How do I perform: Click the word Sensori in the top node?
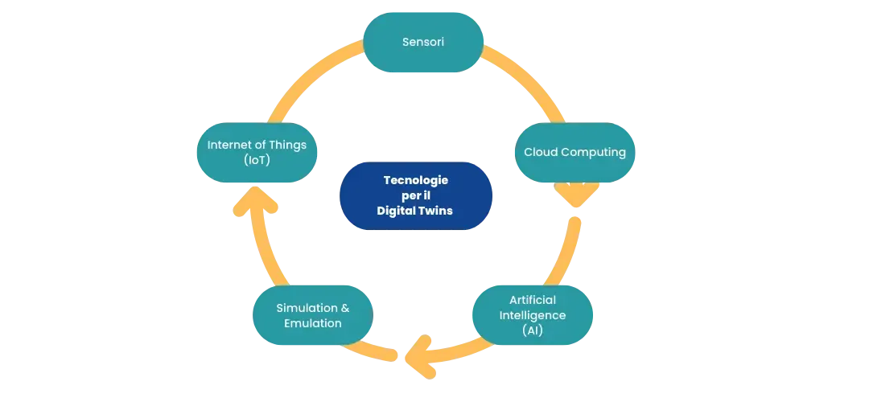(422, 41)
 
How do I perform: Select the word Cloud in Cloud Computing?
(542, 152)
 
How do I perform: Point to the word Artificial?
(532, 300)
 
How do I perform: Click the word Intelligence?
(532, 314)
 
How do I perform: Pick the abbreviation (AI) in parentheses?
(532, 330)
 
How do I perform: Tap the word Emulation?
(312, 323)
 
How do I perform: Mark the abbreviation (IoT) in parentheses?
(256, 160)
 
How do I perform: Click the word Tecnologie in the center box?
(415, 181)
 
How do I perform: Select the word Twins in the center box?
(435, 211)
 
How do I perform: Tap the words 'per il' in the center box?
(415, 196)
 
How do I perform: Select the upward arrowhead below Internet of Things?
(255, 201)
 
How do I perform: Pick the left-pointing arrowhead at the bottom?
(420, 357)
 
